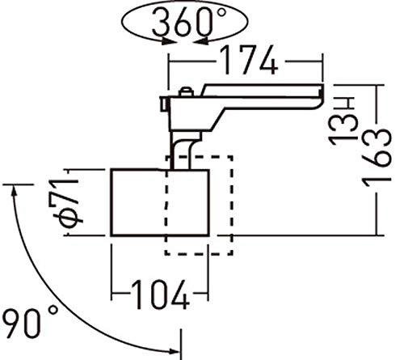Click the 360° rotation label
(189, 22)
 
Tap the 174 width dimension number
(249, 61)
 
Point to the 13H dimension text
(343, 121)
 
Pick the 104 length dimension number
(161, 294)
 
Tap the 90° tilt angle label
(30, 322)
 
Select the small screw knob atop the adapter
(186, 91)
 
